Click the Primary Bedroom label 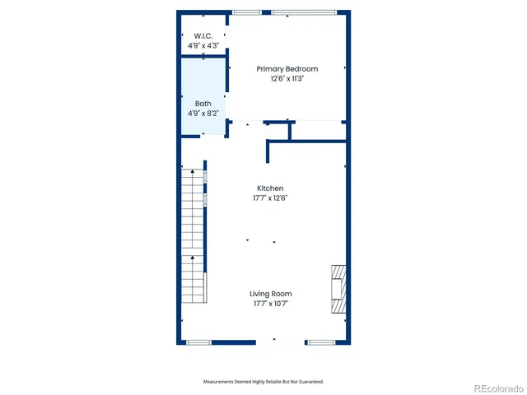pyautogui.click(x=287, y=69)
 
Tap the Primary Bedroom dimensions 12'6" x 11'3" pyautogui.click(x=287, y=79)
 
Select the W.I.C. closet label pyautogui.click(x=203, y=35)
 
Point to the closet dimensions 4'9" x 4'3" pyautogui.click(x=203, y=45)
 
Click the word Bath pyautogui.click(x=203, y=104)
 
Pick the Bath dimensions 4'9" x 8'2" pyautogui.click(x=203, y=114)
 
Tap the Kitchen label pyautogui.click(x=270, y=188)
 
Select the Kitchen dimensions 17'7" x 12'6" pyautogui.click(x=270, y=198)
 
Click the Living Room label pyautogui.click(x=271, y=294)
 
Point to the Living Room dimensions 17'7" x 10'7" pyautogui.click(x=271, y=304)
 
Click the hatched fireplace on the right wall pyautogui.click(x=338, y=290)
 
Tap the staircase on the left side pyautogui.click(x=193, y=239)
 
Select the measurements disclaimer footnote pyautogui.click(x=263, y=382)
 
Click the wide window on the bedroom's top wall pyautogui.click(x=304, y=12)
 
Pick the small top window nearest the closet pyautogui.click(x=246, y=12)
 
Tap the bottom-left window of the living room pyautogui.click(x=198, y=342)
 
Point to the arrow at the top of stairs pyautogui.click(x=193, y=173)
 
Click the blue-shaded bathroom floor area pyautogui.click(x=203, y=91)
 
